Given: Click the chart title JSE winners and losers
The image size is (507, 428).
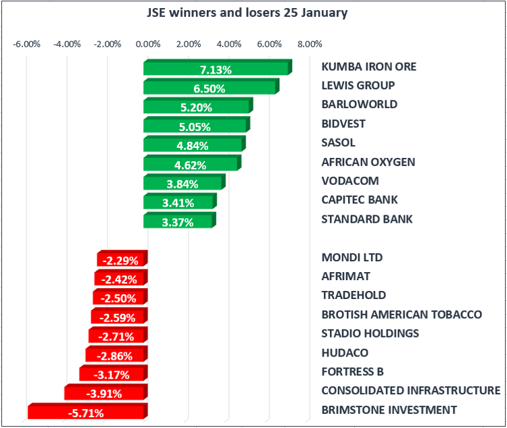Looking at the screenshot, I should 247,13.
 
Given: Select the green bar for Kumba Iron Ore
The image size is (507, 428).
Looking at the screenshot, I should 216,69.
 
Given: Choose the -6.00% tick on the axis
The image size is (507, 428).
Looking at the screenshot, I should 27,45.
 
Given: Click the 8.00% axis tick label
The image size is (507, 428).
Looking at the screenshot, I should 310,45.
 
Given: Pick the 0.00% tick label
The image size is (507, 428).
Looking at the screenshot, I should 148,45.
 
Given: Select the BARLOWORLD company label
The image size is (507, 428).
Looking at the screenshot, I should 359,105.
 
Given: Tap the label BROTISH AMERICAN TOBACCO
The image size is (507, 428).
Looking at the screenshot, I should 402,315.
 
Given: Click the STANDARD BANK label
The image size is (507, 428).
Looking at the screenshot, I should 366,219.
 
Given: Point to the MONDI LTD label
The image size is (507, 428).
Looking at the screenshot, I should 352,257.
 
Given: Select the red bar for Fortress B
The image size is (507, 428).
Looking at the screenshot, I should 113,374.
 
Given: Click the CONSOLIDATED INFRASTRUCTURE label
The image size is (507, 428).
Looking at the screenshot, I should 410,390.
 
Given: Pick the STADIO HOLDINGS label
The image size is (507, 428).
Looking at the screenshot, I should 370,333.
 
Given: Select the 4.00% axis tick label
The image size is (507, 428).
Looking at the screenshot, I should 229,45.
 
